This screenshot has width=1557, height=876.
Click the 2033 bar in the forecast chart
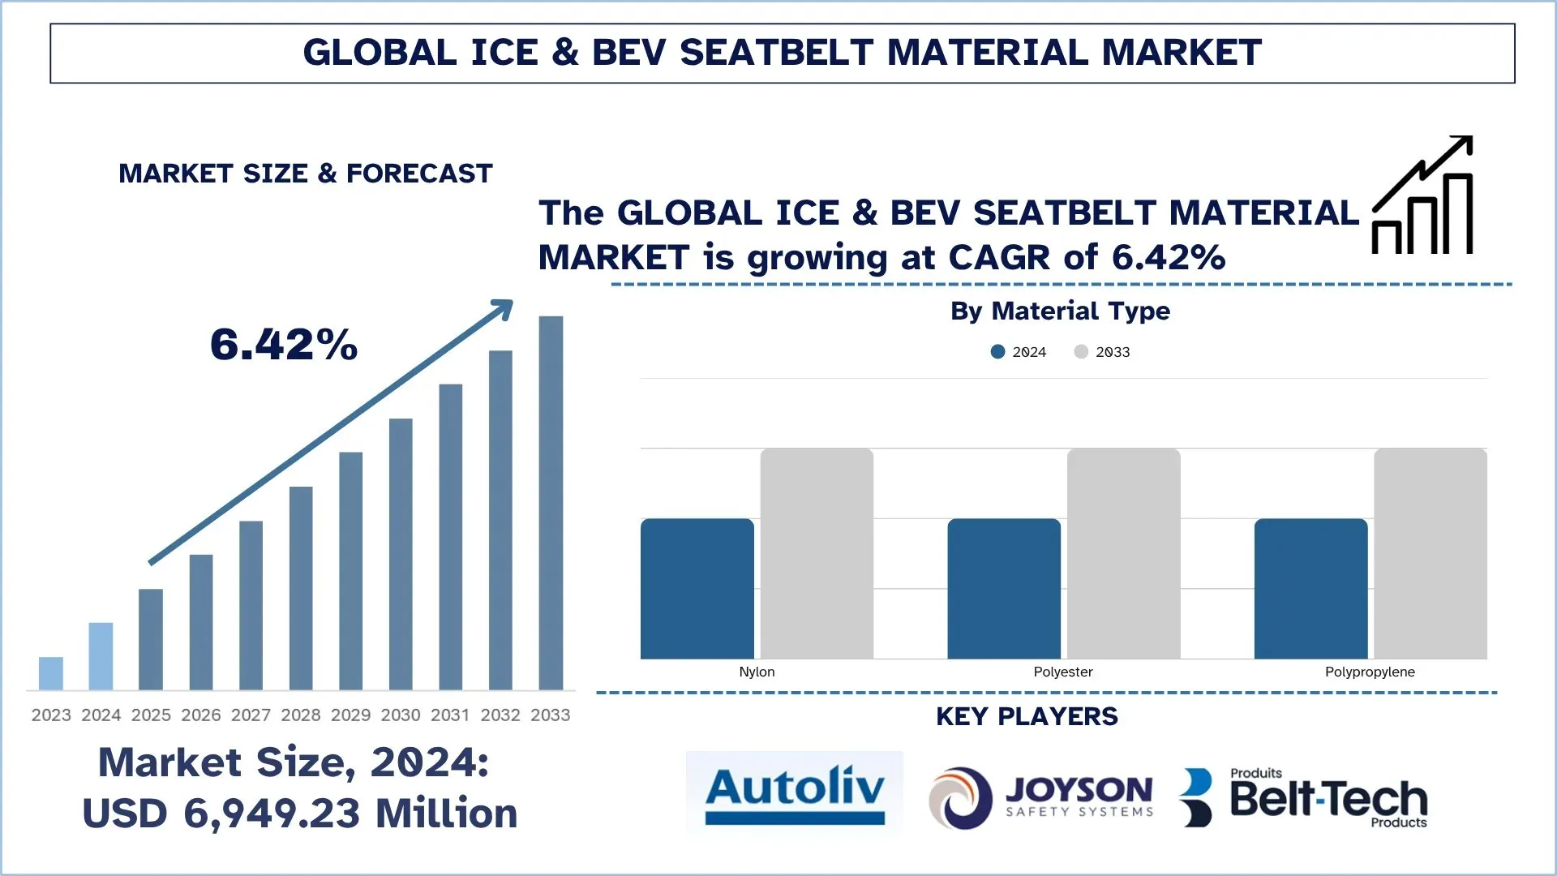(551, 503)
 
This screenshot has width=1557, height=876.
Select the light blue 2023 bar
(51, 673)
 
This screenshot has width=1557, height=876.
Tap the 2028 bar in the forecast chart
(301, 588)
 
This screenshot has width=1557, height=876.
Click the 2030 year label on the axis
(401, 715)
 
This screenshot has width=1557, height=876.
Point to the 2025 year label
(151, 715)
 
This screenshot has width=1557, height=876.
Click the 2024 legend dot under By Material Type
(998, 352)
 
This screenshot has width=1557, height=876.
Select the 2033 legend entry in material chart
(1102, 352)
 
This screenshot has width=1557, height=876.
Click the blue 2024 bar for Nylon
(697, 588)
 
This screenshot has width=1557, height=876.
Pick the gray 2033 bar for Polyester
(1123, 553)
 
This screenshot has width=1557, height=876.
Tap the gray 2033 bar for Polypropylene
(1430, 553)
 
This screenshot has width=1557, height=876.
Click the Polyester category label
(1062, 672)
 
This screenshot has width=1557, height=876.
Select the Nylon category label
(757, 672)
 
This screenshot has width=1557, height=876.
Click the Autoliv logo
(795, 793)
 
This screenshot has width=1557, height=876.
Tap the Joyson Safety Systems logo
(1041, 798)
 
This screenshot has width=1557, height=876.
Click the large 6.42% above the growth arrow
(284, 345)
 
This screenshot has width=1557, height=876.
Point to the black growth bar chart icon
(1423, 196)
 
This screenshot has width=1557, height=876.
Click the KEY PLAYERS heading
(1027, 717)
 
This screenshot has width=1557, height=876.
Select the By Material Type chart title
(1060, 311)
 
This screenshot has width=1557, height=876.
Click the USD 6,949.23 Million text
(300, 814)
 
